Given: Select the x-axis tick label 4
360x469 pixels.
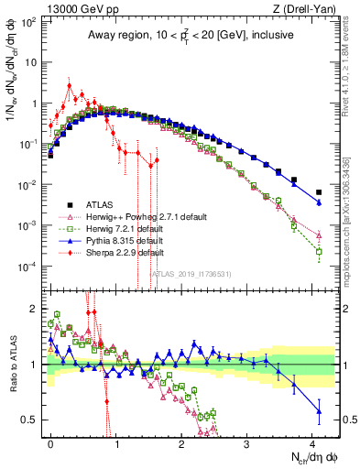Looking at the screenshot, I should pyautogui.click(x=312, y=442).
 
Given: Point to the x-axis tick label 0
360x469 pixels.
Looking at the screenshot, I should pyautogui.click(x=50, y=442).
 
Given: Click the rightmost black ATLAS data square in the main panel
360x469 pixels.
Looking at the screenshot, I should pyautogui.click(x=319, y=192).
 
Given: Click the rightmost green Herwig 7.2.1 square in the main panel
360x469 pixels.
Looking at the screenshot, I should pyautogui.click(x=319, y=251).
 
